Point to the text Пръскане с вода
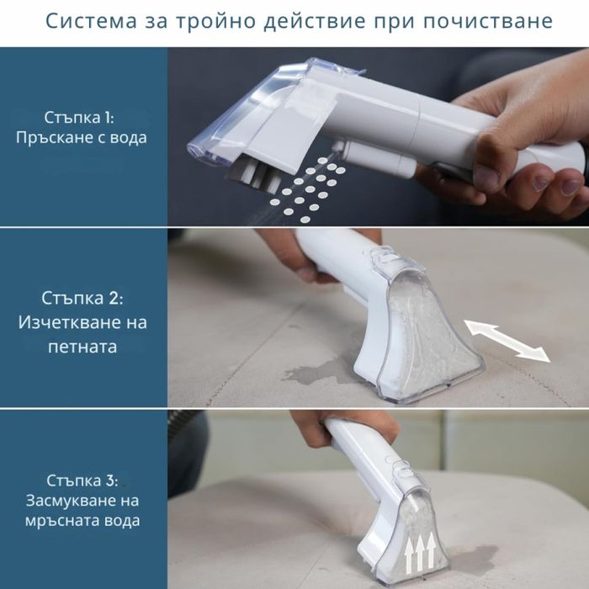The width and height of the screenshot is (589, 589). tap(81, 137)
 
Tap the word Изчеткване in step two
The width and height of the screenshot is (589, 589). tap(67, 322)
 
